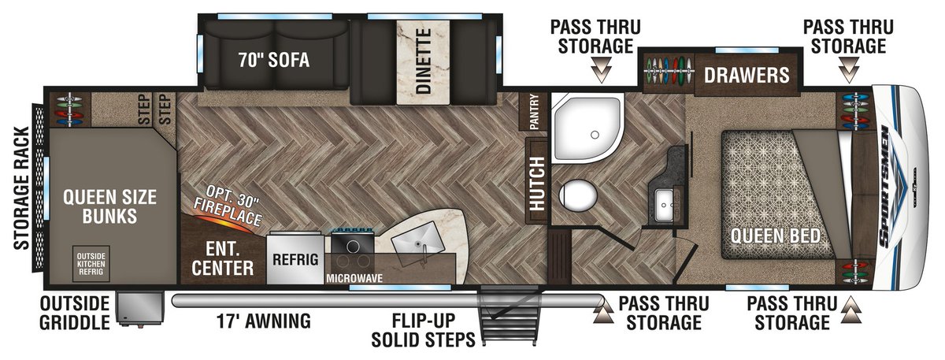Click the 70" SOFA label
274,61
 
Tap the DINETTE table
423,61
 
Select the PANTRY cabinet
533,111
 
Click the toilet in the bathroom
578,195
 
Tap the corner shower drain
595,135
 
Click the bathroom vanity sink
665,205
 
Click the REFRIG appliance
295,258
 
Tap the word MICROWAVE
354,278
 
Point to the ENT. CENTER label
222,258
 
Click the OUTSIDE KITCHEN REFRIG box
91,264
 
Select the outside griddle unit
139,309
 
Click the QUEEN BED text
776,236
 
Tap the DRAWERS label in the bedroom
747,75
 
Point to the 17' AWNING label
264,321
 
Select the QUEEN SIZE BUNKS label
109,206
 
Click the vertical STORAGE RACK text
21,188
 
